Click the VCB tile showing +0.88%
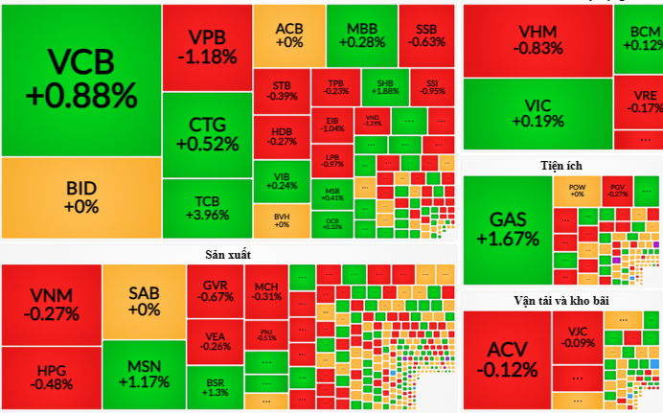(80, 79)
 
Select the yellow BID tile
(80, 196)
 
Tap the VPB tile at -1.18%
(207, 46)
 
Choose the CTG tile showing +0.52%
(207, 134)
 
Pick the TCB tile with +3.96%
(207, 208)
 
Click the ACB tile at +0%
(288, 34)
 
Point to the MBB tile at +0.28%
(361, 34)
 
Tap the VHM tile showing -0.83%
(537, 39)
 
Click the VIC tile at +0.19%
(537, 112)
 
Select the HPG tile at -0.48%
(51, 377)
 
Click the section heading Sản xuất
(228, 254)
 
